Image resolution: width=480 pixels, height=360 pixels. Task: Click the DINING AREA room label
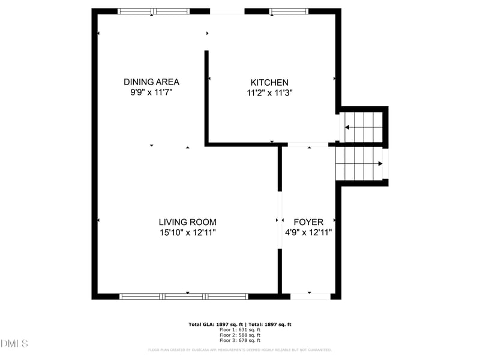click(151, 82)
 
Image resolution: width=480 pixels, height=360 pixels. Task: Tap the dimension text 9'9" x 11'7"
click(151, 93)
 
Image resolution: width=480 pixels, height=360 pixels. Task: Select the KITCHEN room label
click(269, 82)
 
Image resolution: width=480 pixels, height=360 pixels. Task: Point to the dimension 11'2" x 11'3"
click(269, 93)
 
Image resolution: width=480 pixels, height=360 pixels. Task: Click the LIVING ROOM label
click(187, 222)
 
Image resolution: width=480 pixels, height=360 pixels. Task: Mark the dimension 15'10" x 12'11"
click(187, 233)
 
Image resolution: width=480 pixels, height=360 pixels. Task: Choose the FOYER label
click(308, 222)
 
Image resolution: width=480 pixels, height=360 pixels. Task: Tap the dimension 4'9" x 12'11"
click(308, 233)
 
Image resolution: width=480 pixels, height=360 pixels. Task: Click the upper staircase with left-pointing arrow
click(362, 127)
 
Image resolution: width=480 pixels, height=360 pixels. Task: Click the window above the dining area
click(154, 11)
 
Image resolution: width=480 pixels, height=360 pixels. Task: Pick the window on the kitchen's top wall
click(289, 11)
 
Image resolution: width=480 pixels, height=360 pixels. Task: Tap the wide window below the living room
click(184, 296)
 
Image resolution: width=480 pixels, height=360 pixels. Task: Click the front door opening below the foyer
click(310, 296)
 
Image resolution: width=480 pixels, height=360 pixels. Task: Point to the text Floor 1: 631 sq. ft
click(240, 329)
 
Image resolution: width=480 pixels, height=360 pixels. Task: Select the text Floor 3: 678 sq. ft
click(240, 340)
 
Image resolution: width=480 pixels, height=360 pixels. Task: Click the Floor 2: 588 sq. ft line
click(240, 335)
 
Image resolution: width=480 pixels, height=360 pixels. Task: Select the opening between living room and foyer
click(280, 220)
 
